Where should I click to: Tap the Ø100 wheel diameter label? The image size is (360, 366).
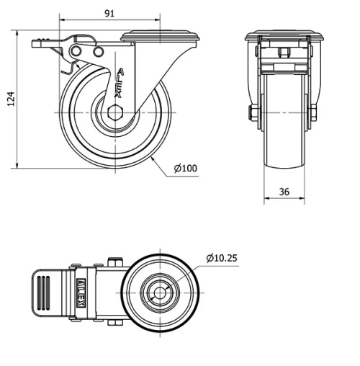point(185,169)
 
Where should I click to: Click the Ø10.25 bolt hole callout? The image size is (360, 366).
point(222,257)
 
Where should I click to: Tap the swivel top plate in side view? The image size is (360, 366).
point(160,35)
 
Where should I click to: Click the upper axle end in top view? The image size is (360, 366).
point(113,263)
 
